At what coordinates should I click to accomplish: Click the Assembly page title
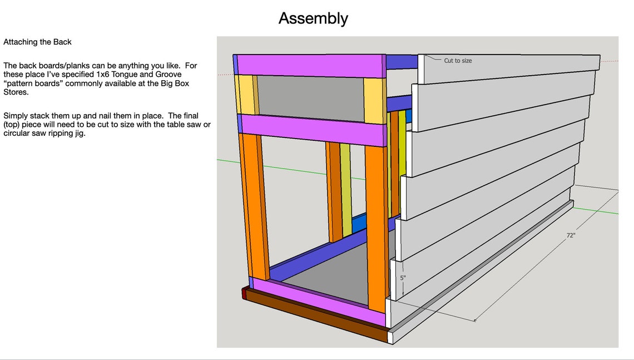click(313, 18)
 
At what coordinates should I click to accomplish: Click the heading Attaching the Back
click(37, 42)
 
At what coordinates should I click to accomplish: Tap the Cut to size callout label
click(458, 61)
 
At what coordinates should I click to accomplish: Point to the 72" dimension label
click(571, 235)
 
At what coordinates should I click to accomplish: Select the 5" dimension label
click(403, 278)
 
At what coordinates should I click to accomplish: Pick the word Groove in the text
click(168, 75)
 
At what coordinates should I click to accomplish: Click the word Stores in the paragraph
click(16, 92)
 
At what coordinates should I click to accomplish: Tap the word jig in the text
click(80, 134)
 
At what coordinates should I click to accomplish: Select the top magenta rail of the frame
click(311, 66)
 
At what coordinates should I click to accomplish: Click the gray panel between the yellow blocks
click(310, 98)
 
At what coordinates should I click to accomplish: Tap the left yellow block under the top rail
click(245, 95)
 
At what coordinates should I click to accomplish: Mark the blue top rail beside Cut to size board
click(402, 62)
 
